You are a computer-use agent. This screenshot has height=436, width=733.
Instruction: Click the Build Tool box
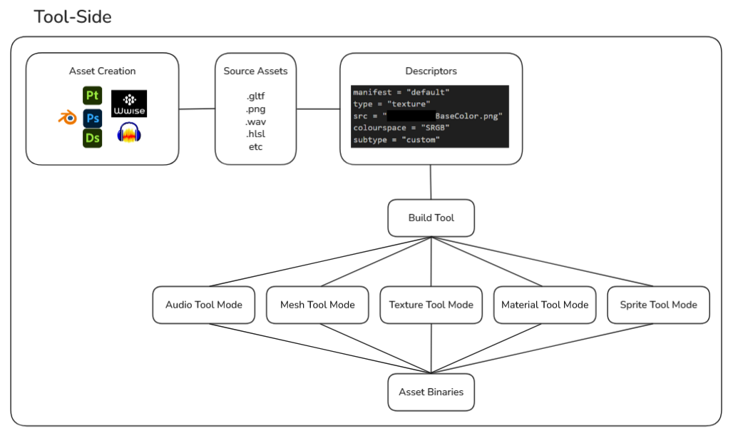(431, 218)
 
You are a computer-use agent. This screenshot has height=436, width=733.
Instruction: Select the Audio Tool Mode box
(204, 305)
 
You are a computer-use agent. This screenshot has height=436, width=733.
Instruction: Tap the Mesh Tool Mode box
(317, 305)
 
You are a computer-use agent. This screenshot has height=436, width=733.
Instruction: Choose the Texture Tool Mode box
(431, 305)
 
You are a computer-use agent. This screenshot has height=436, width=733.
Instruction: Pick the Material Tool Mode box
(545, 305)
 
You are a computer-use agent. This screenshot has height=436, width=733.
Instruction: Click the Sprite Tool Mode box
(658, 305)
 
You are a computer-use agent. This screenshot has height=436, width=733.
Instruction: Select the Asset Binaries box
(431, 392)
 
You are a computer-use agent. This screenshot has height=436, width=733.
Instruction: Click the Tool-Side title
(73, 16)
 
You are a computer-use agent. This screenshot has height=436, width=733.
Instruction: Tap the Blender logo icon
(67, 118)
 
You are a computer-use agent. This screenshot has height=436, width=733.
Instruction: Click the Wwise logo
(129, 103)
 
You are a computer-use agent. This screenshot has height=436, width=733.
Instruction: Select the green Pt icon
(92, 96)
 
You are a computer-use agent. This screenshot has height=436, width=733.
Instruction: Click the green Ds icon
(92, 138)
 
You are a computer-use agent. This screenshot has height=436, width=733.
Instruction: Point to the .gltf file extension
(255, 96)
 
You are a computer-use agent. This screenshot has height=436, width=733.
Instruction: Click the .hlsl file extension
(255, 134)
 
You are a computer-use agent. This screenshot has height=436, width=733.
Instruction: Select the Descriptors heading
(431, 71)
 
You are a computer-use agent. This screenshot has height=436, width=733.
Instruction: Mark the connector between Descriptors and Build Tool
(431, 182)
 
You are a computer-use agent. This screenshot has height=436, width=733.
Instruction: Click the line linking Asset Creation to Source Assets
(197, 109)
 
